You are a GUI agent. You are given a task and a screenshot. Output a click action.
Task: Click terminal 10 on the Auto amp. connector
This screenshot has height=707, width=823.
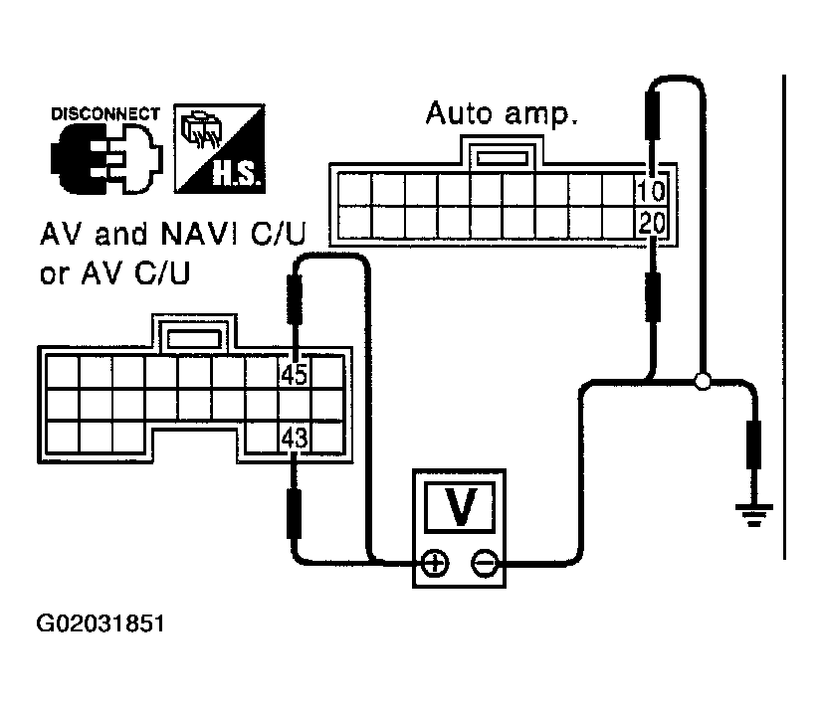pos(651,190)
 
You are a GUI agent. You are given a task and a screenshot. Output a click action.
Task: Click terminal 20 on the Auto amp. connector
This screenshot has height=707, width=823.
pos(651,223)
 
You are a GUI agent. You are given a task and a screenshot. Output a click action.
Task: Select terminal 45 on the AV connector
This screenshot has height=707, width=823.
pos(294,374)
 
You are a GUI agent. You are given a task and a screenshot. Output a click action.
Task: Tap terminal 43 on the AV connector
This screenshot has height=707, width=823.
pos(294,437)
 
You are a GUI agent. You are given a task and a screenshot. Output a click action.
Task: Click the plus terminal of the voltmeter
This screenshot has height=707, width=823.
pos(435,563)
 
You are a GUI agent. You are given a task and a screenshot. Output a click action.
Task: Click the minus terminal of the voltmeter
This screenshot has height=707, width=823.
pos(485,563)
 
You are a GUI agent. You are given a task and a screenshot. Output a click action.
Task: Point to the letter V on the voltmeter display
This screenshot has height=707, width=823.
pos(461,506)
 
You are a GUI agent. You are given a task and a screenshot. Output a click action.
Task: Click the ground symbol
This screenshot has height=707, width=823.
pos(753,515)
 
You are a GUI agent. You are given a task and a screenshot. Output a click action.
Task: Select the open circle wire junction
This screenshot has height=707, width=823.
pos(703,381)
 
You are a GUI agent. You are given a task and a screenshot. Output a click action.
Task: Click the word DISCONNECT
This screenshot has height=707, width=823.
pos(104,113)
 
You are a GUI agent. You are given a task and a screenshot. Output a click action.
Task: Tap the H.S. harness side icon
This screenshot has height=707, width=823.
pos(219,148)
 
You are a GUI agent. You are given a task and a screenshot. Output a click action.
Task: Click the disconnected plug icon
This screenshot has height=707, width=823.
pos(106,159)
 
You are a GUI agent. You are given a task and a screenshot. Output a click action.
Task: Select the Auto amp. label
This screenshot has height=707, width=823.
pos(502,113)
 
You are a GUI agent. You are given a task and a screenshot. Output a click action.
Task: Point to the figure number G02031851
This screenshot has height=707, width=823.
pos(101,623)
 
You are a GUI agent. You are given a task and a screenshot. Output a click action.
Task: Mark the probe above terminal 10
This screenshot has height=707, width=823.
pos(652,133)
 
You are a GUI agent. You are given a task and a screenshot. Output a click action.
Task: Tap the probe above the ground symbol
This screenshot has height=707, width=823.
pos(753,445)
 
